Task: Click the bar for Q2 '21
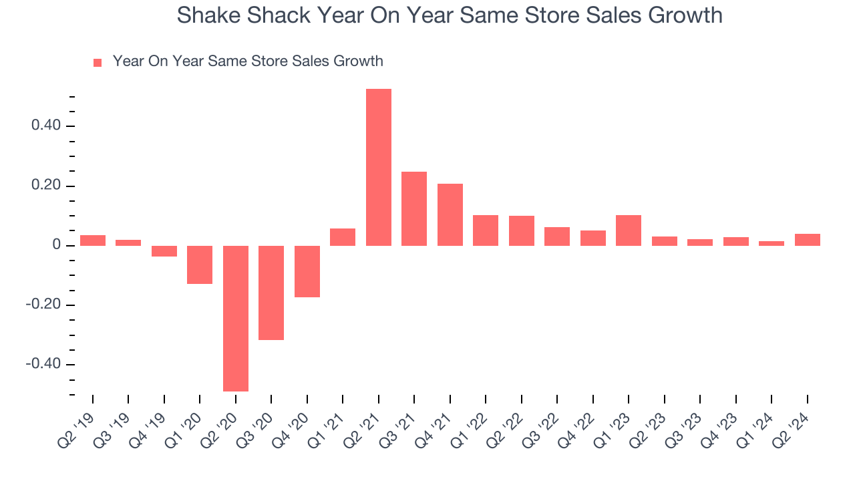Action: (379, 167)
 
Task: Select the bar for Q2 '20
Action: (236, 318)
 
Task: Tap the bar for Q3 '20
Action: (271, 293)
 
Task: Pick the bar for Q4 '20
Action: (307, 271)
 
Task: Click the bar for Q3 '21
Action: (414, 208)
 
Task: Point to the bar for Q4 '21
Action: (450, 214)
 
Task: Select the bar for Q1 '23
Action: (629, 230)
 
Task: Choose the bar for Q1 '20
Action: (200, 265)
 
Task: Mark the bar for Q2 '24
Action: (807, 240)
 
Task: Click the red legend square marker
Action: (98, 63)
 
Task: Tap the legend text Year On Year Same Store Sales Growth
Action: (248, 61)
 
